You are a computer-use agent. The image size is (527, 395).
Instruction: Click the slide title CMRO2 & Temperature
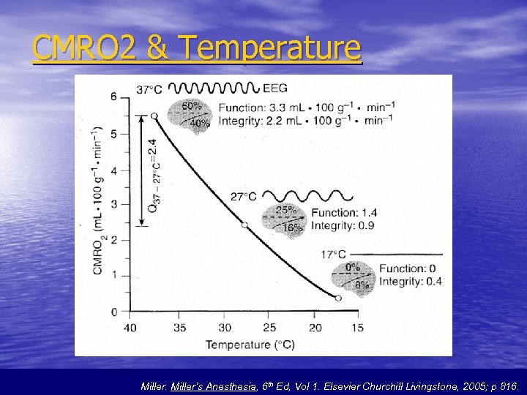[197, 48]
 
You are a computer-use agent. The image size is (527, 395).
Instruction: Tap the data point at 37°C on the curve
[154, 116]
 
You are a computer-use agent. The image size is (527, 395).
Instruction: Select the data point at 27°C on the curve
[245, 225]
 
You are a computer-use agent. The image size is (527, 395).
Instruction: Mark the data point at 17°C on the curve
[337, 298]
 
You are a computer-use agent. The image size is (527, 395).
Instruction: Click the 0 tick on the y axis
[113, 312]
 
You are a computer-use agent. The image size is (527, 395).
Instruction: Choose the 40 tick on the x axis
[130, 328]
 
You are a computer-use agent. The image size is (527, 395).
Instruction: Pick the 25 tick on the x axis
[269, 328]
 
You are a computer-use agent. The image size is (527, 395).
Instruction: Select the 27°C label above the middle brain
[244, 196]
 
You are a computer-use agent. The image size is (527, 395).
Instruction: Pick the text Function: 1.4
[343, 213]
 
